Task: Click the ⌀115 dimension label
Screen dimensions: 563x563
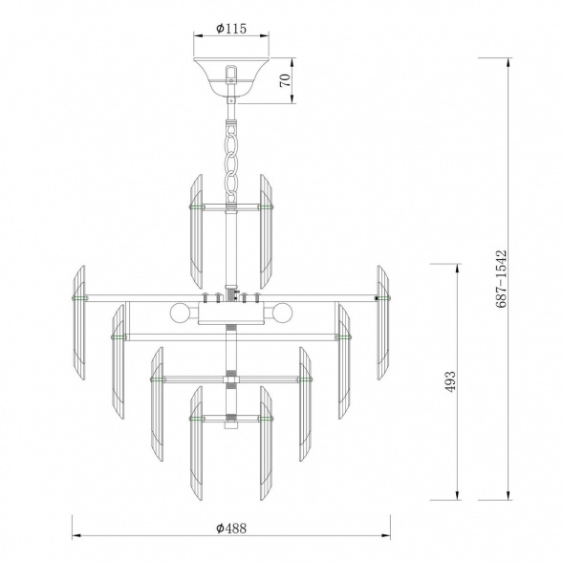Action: click(x=231, y=29)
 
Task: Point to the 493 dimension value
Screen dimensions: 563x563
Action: click(x=449, y=382)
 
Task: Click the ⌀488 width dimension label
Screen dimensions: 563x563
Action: click(x=231, y=529)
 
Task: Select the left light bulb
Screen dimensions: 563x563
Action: click(x=179, y=314)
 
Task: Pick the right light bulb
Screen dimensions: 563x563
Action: click(x=282, y=314)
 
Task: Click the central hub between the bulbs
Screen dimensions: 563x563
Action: click(x=230, y=314)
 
